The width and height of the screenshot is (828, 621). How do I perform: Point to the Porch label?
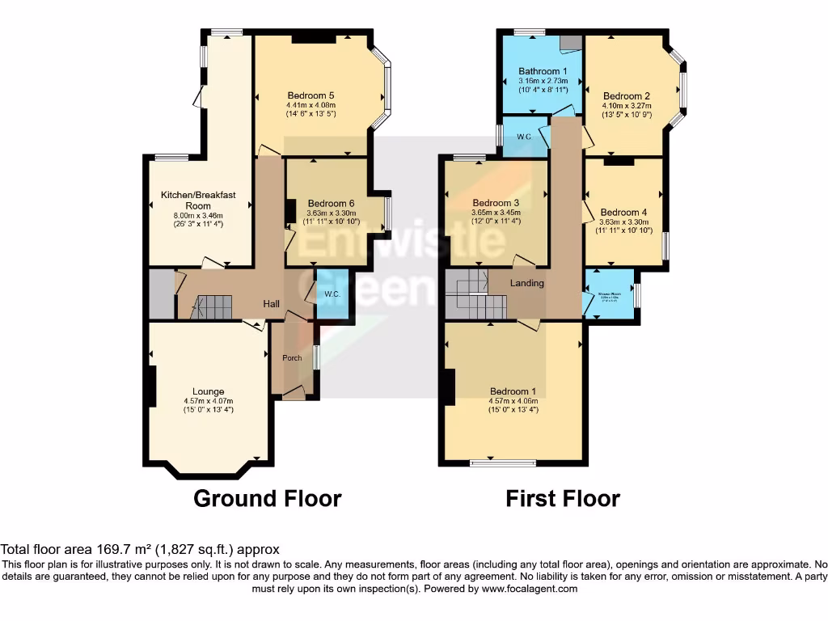(291, 357)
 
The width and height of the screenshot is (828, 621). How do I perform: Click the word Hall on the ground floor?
(271, 304)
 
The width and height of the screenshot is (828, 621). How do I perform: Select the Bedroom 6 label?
(331, 203)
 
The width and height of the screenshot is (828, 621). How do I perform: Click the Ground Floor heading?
(267, 498)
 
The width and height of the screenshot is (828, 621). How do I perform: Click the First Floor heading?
(563, 498)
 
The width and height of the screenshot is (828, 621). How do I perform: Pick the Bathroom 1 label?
(543, 71)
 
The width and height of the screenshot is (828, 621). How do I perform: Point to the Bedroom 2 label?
(627, 95)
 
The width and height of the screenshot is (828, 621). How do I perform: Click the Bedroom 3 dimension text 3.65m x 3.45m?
(496, 213)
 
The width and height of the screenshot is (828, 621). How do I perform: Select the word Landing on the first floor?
(526, 283)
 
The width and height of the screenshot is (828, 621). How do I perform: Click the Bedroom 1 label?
(513, 391)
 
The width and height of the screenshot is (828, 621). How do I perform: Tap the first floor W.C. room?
(522, 137)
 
